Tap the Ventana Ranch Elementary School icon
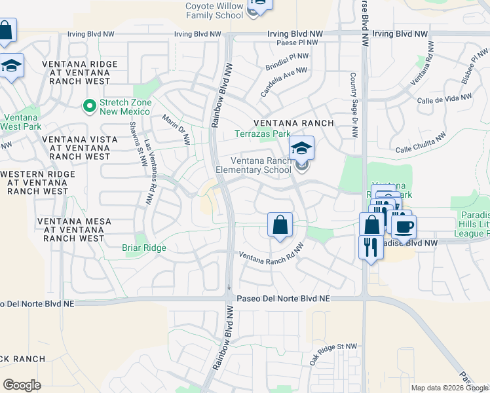coord(301,149)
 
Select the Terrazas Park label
coord(263,134)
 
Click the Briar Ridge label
coord(144,248)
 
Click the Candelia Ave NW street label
coord(284,82)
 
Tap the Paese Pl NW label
coord(297,43)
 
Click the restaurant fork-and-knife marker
coord(370,247)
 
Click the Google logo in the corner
coord(22,384)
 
